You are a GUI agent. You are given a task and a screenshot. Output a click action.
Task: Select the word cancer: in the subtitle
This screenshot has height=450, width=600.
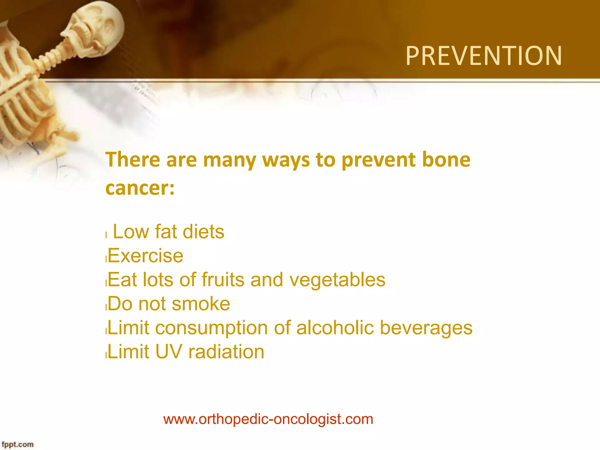point(140,188)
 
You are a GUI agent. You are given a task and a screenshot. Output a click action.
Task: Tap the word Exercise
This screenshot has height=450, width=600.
point(146,256)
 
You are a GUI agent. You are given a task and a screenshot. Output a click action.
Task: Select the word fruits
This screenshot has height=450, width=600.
point(223,279)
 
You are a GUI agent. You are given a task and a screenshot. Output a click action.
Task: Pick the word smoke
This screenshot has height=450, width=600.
point(201,304)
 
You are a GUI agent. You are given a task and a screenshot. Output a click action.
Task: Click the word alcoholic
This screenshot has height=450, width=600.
point(335,328)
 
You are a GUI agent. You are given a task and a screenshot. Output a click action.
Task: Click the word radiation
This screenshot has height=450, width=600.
point(226,352)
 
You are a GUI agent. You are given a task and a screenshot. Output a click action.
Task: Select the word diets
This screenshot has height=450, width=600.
point(203,232)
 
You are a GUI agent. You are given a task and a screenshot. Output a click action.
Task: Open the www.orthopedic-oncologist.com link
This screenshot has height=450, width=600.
point(268,419)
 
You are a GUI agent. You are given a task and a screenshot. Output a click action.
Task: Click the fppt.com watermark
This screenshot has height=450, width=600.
point(18,444)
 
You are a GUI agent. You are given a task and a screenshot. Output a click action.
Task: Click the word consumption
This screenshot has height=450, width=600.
point(211,328)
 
